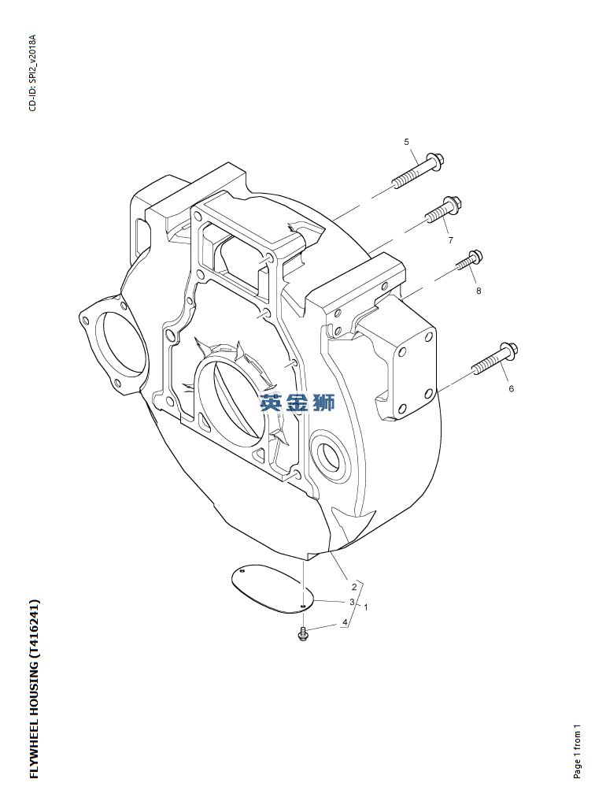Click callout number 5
click(x=407, y=142)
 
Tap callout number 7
click(x=450, y=239)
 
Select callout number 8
click(x=478, y=291)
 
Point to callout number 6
click(x=511, y=388)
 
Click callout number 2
click(x=354, y=587)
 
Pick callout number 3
click(x=353, y=602)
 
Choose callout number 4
click(x=344, y=622)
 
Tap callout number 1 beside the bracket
click(x=366, y=607)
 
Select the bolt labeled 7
click(x=444, y=209)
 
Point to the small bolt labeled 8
click(x=470, y=260)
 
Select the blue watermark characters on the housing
click(x=297, y=403)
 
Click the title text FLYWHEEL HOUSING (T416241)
click(x=34, y=689)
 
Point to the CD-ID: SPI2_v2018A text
click(x=32, y=73)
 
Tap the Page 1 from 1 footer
click(x=578, y=751)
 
